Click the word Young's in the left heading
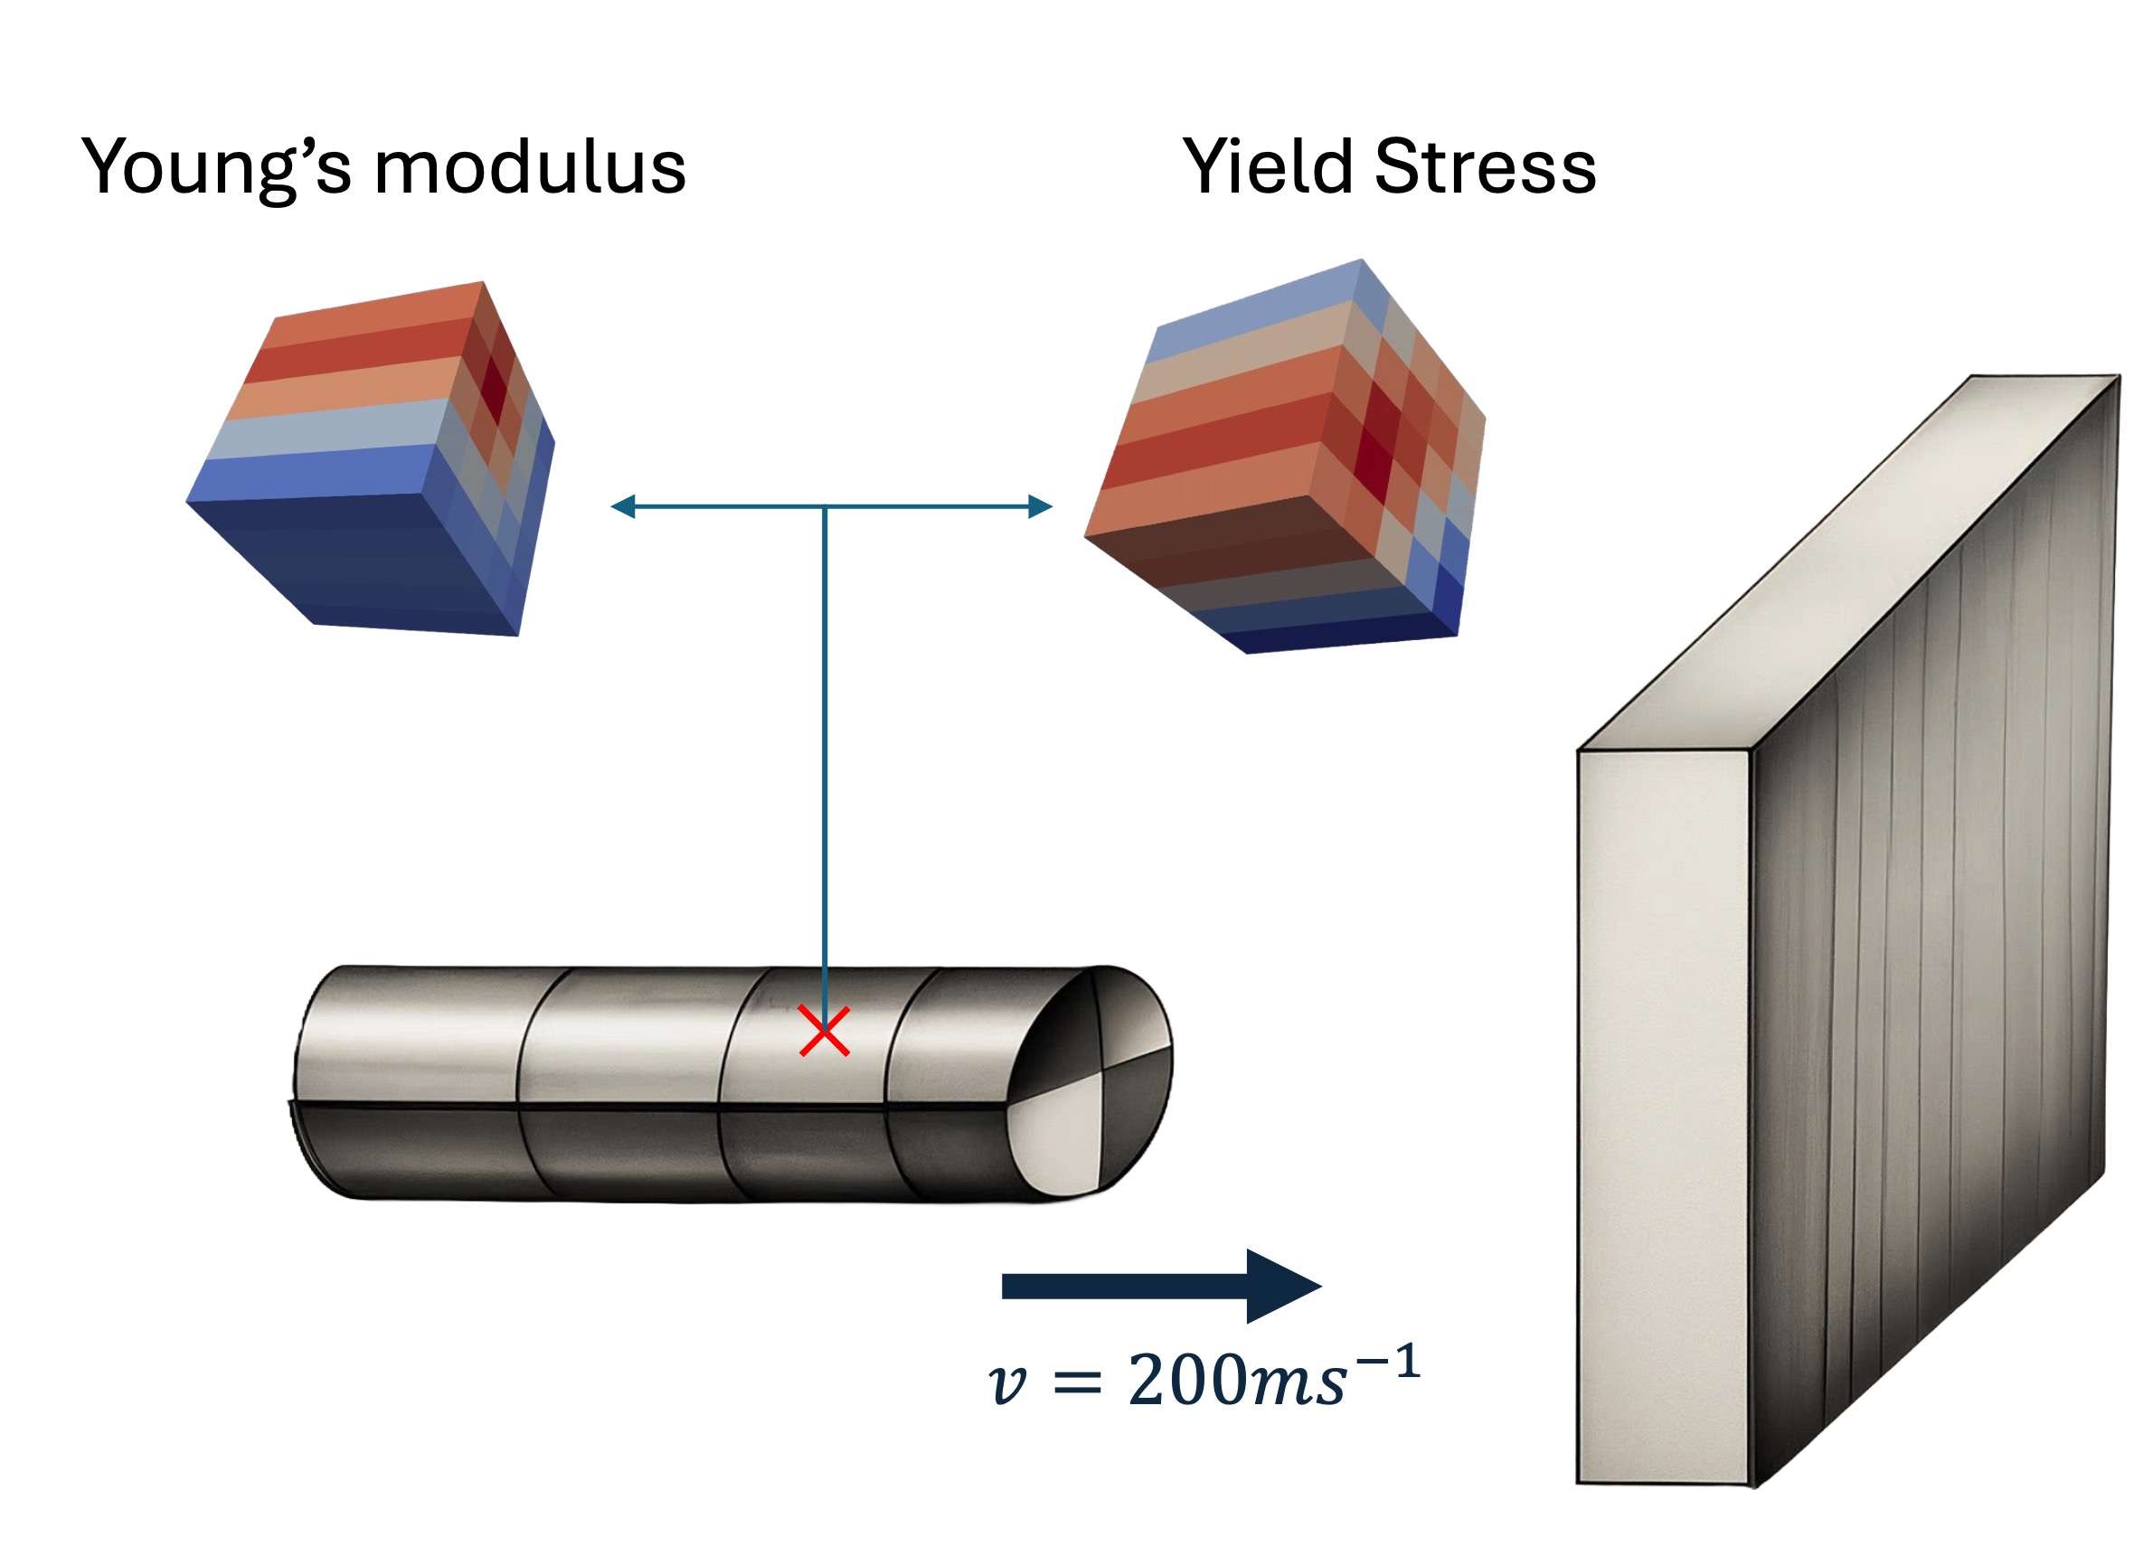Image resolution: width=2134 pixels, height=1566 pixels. pos(216,168)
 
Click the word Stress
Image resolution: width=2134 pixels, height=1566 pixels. pos(1485,168)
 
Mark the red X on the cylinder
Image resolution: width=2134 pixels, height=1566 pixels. pos(824,1033)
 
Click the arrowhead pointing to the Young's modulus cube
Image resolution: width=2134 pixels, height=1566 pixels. pos(621,507)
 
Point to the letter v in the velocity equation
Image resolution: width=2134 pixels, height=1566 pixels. pos(1006,1384)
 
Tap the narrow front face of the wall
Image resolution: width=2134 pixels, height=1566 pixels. pos(1661,1118)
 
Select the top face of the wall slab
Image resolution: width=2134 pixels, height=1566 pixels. pos(1848,560)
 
